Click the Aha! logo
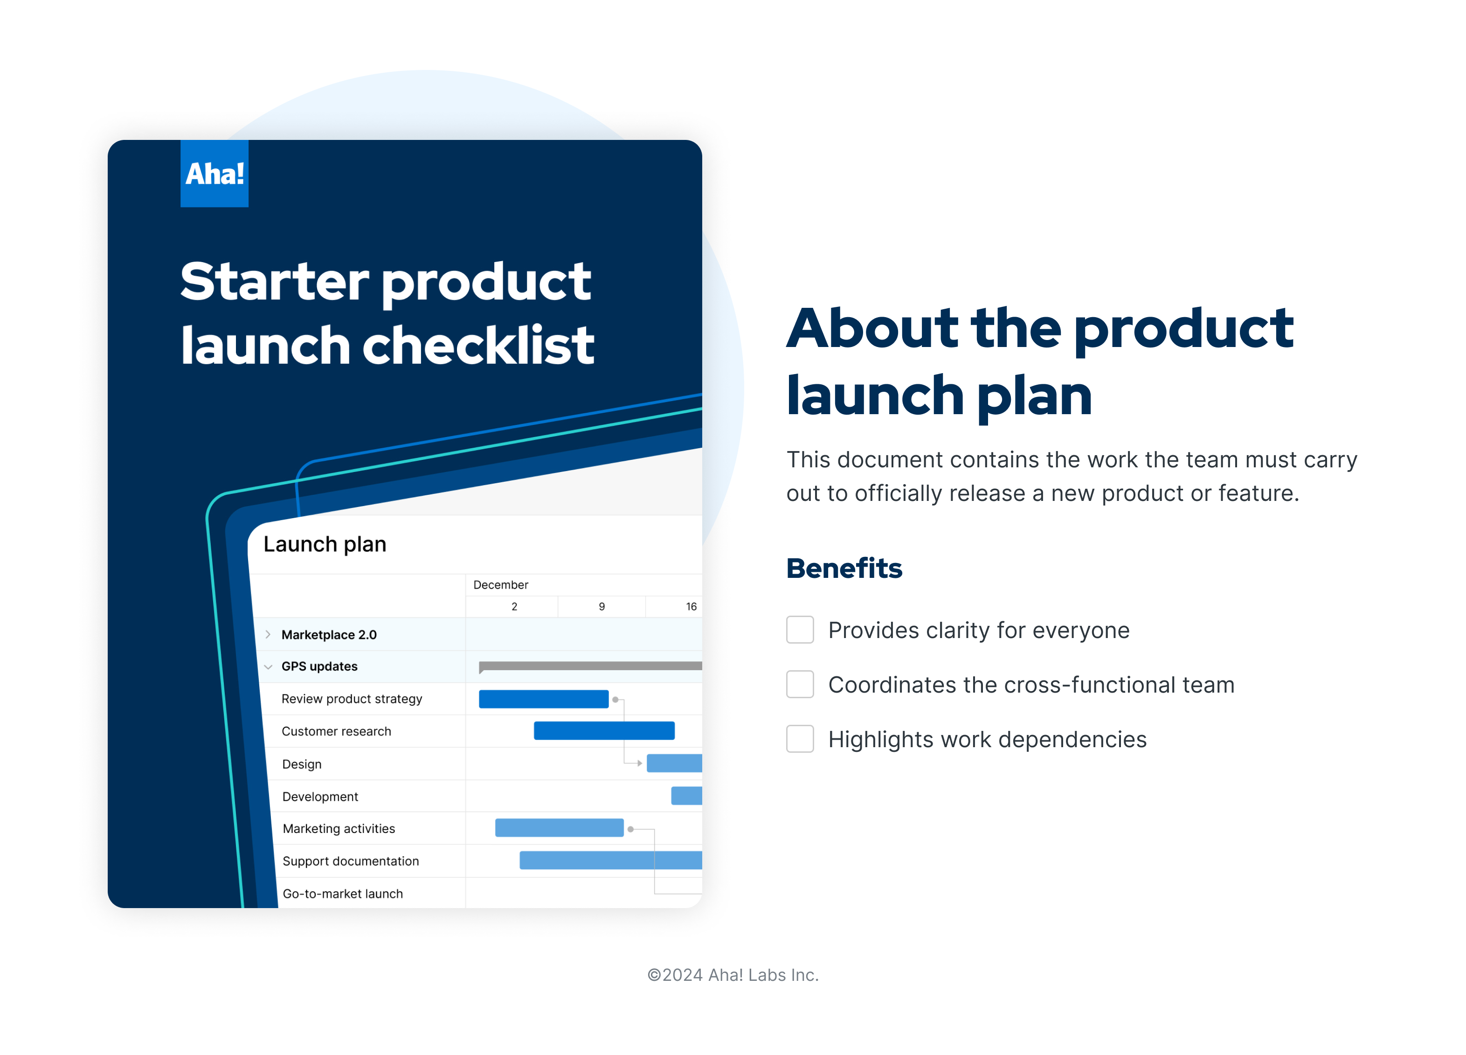[214, 173]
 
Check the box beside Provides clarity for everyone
[800, 630]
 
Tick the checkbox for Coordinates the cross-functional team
[800, 684]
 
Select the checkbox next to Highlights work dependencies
[800, 739]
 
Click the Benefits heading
[844, 568]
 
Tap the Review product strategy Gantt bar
[543, 699]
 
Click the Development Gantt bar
[686, 796]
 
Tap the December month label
[500, 585]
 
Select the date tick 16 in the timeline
[691, 606]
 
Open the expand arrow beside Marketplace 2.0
[268, 635]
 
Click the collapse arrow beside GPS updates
[268, 666]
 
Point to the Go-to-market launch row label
[343, 893]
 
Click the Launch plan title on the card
[325, 544]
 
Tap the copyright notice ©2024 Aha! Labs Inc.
[733, 975]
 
